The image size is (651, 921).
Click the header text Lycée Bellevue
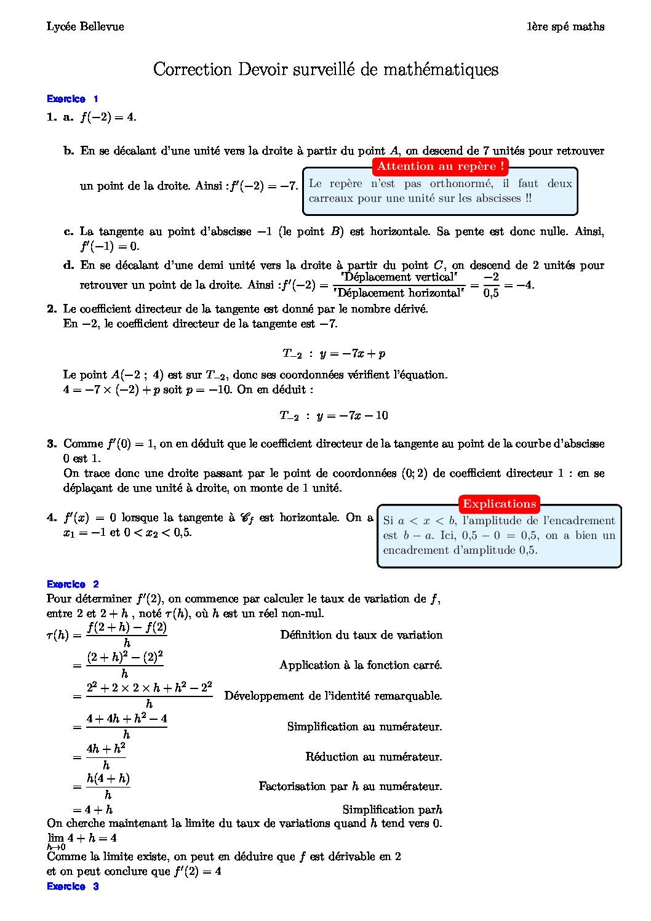[x=85, y=26]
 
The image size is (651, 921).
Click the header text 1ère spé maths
[x=565, y=26]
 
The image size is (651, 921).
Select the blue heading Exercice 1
[x=72, y=99]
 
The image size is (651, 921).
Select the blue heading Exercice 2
[x=72, y=584]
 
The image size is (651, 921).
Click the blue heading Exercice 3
[x=72, y=887]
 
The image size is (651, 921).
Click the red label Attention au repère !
[x=441, y=166]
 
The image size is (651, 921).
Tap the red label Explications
[x=500, y=504]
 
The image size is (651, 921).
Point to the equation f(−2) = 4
[x=108, y=117]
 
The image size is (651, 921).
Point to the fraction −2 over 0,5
[x=491, y=285]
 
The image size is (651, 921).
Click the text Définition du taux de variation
[x=361, y=635]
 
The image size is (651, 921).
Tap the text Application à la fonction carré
[x=361, y=665]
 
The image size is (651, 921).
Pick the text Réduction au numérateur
[x=373, y=757]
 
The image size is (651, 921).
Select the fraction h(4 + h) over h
[x=108, y=786]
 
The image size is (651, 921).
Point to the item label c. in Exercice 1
[x=69, y=232]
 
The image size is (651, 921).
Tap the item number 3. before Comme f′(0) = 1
[x=52, y=444]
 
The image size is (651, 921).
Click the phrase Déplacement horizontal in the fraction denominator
[x=399, y=293]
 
